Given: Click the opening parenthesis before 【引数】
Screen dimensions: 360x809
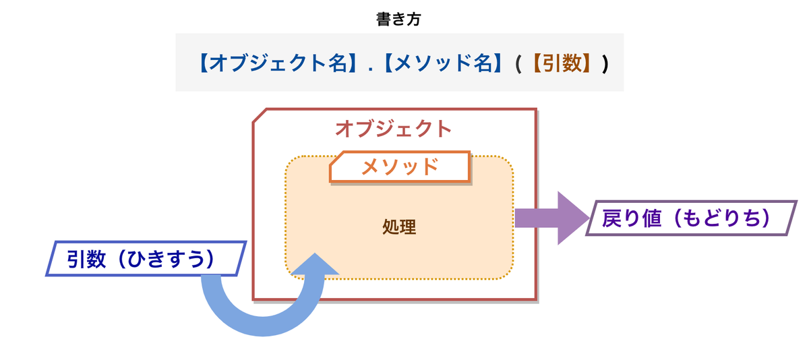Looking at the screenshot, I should click(518, 63).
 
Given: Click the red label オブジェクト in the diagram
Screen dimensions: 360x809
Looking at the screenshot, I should click(393, 127).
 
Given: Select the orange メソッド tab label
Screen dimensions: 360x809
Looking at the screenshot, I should click(400, 166).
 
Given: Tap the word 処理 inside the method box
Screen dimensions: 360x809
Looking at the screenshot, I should click(398, 227).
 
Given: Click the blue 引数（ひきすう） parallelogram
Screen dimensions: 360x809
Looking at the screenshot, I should click(144, 260).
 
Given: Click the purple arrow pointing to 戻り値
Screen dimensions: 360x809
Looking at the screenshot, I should click(546, 218).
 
